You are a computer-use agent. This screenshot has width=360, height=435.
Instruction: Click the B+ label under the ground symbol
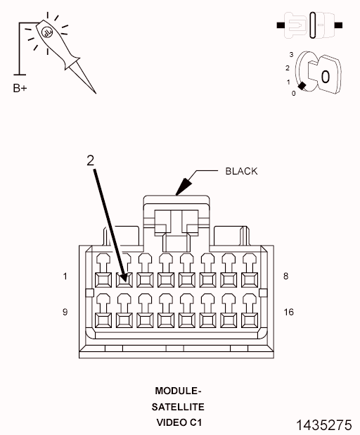(x=20, y=88)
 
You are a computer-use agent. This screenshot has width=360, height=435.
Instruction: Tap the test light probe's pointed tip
(x=96, y=93)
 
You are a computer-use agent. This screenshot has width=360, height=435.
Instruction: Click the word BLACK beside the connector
(x=241, y=171)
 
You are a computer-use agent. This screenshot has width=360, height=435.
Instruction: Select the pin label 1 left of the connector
(x=65, y=277)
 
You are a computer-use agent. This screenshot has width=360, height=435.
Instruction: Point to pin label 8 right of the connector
(x=285, y=276)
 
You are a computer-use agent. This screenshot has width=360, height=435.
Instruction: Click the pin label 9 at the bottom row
(x=65, y=312)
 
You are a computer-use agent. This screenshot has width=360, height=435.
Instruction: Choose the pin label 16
(x=288, y=312)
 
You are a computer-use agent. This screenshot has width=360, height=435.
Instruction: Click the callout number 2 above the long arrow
(x=90, y=160)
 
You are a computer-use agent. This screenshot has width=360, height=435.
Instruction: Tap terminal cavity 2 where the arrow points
(x=124, y=280)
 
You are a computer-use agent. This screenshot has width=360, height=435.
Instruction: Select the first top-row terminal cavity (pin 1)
(x=103, y=280)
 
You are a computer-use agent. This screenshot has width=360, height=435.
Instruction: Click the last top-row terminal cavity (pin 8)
(x=250, y=280)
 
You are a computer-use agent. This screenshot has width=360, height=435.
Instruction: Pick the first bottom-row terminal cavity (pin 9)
(x=103, y=320)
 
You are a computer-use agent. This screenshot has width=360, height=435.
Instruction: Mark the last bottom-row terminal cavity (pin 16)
(x=250, y=320)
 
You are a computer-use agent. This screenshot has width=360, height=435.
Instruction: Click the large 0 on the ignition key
(x=326, y=77)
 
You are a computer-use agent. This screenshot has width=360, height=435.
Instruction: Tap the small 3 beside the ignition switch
(x=291, y=55)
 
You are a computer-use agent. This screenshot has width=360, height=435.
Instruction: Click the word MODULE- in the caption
(x=178, y=391)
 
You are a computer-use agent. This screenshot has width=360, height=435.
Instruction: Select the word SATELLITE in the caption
(x=178, y=407)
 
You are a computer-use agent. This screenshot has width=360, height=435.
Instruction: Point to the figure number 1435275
(x=324, y=425)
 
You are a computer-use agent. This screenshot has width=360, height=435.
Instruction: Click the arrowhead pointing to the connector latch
(x=184, y=187)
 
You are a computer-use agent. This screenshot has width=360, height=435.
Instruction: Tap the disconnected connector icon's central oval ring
(x=313, y=25)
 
